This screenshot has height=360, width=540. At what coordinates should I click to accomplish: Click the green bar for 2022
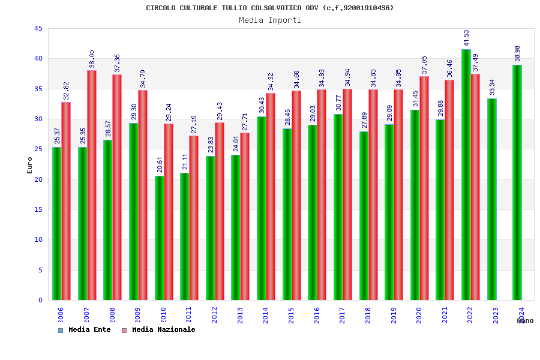466,174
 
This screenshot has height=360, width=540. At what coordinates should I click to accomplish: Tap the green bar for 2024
517,182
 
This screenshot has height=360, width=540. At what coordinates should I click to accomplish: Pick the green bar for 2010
159,238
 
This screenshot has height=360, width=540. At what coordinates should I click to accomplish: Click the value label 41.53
467,37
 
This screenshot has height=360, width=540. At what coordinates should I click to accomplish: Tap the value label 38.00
92,59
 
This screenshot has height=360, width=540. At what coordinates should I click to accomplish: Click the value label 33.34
493,87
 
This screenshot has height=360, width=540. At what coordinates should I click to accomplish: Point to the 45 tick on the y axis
38,29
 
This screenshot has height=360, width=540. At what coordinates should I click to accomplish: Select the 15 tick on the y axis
38,210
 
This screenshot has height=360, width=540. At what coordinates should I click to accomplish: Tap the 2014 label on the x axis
266,316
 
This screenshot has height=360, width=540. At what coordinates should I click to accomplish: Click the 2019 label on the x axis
394,316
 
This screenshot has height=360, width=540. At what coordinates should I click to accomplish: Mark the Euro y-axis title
30,165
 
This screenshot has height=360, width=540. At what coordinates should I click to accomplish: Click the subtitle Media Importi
270,20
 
